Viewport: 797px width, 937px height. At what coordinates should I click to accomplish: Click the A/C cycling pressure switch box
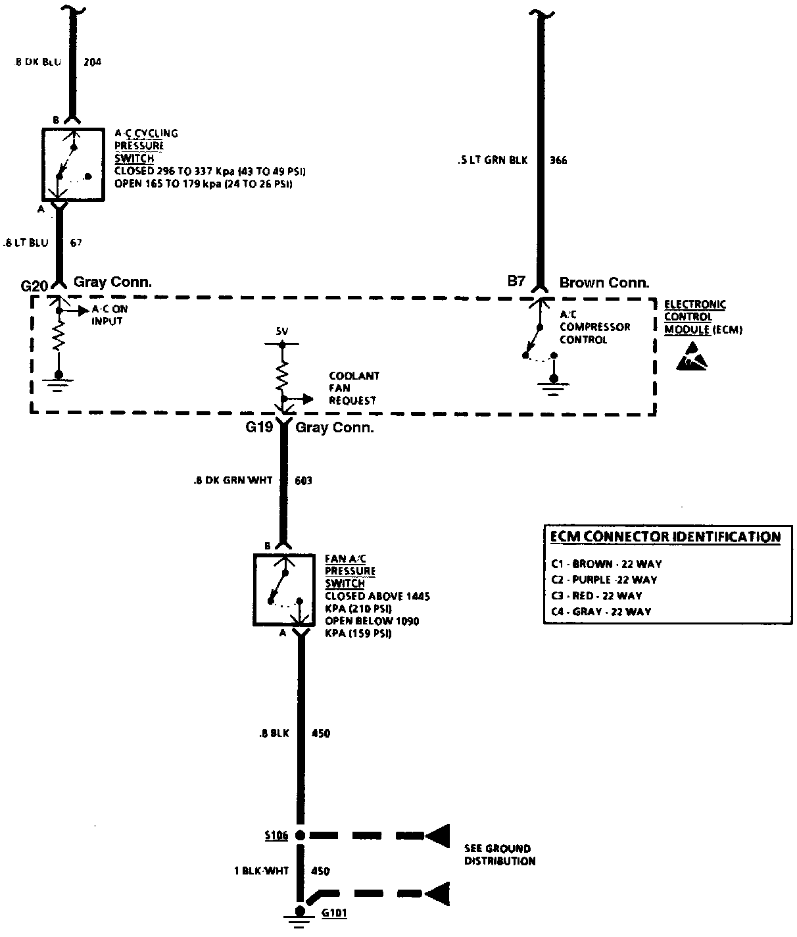click(x=72, y=165)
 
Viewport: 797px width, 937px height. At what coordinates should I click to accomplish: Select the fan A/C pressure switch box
click(x=284, y=590)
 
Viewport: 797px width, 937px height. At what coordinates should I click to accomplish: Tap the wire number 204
click(x=93, y=63)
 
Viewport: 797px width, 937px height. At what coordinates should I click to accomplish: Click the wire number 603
click(x=303, y=481)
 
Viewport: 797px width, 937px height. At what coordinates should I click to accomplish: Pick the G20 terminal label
click(x=35, y=286)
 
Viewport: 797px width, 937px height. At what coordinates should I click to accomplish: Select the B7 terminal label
click(x=516, y=282)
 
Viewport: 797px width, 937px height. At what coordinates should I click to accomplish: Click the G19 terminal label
click(x=259, y=428)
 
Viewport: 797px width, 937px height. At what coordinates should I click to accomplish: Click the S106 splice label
click(x=276, y=836)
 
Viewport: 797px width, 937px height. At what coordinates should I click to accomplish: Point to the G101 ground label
click(x=334, y=913)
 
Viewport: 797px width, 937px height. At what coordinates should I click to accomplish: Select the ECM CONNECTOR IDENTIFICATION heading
click(x=665, y=537)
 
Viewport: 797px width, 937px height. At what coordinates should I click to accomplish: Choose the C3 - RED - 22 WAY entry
click(x=597, y=595)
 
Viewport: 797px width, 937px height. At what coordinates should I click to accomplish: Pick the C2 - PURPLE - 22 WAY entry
click(x=604, y=580)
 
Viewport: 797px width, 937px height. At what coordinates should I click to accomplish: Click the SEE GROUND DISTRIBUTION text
click(x=499, y=855)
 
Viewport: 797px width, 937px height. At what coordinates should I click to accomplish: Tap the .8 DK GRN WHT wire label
click(x=233, y=481)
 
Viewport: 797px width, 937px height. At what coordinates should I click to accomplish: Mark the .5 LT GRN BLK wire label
click(x=493, y=160)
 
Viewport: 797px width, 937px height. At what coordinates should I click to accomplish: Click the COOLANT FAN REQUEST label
click(x=354, y=388)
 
